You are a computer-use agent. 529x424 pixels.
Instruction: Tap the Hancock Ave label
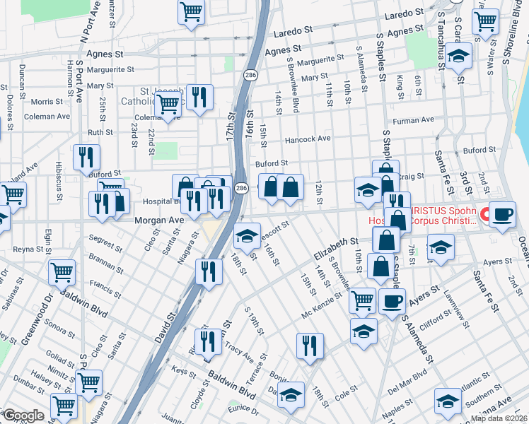pos(308,139)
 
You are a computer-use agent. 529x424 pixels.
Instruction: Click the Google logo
pos(23,416)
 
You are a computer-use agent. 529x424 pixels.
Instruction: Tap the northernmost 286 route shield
pos(251,73)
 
